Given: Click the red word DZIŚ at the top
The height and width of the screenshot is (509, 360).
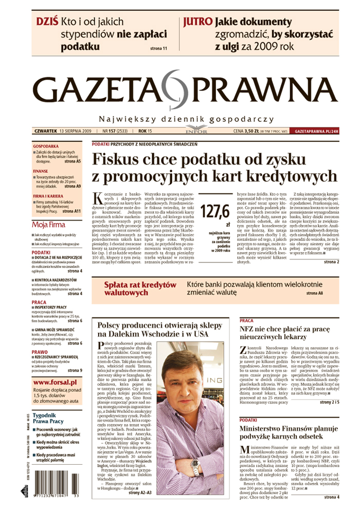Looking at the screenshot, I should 47,22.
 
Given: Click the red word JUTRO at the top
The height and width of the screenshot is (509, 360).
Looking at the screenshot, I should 197,22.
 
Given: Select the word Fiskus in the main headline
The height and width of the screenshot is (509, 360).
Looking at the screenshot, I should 119,160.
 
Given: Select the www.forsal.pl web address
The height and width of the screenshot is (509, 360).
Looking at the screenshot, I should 55,383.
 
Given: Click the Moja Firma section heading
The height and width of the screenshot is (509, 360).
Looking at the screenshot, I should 49,225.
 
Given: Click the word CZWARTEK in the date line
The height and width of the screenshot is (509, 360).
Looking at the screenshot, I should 45,132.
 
